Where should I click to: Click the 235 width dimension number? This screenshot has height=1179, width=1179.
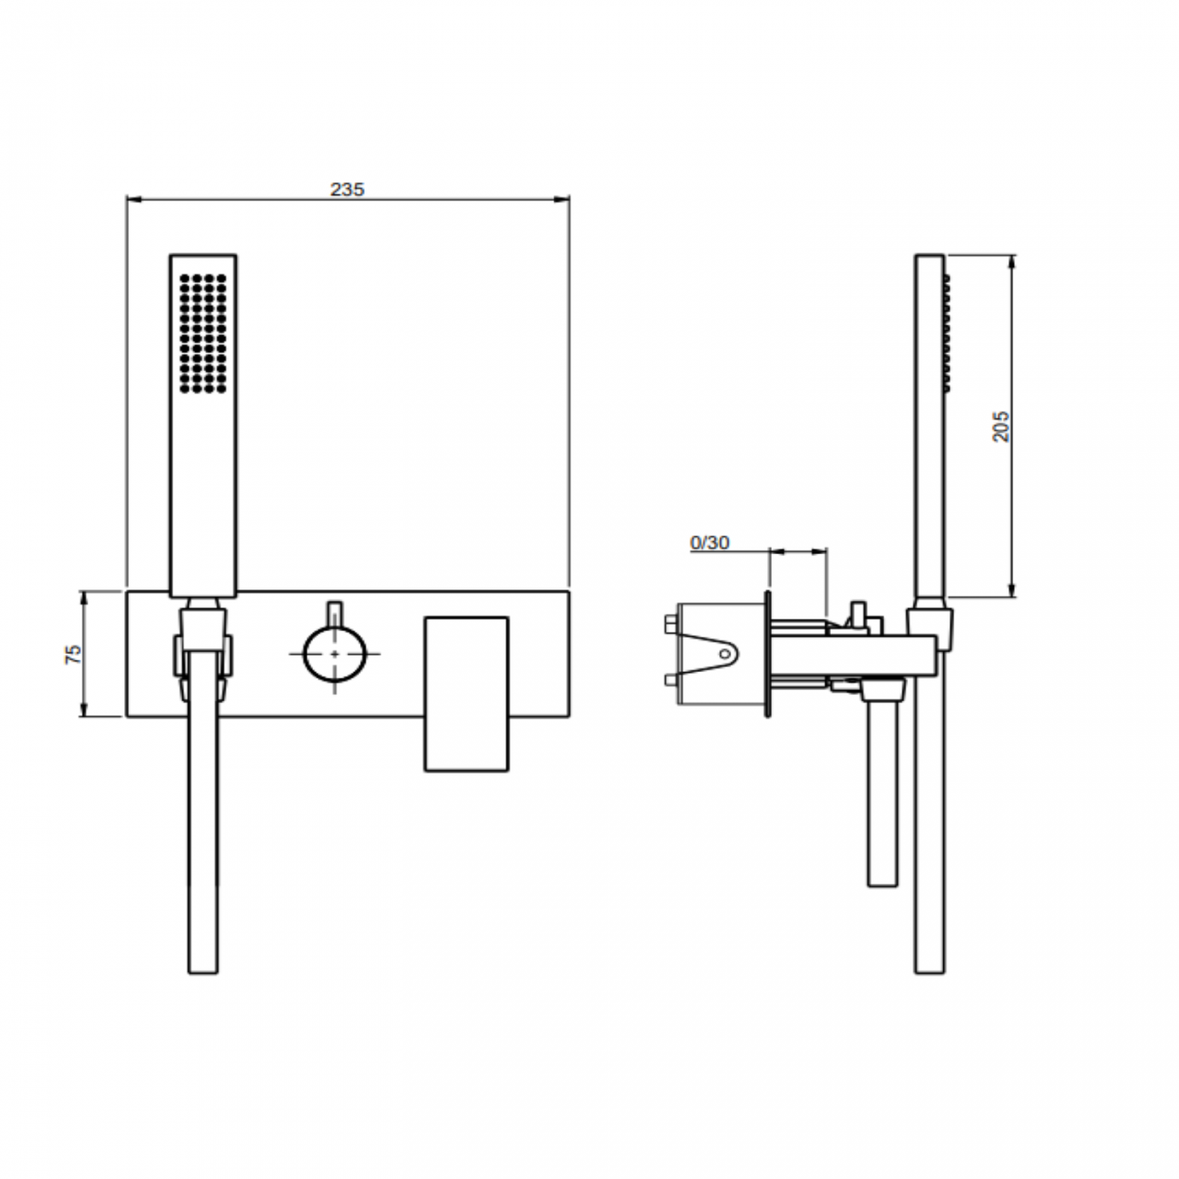click(x=346, y=189)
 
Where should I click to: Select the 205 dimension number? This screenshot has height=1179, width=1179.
click(x=1000, y=426)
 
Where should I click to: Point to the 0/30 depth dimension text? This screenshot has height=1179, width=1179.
click(x=709, y=542)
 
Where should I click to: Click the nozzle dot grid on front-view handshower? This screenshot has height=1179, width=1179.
click(x=203, y=333)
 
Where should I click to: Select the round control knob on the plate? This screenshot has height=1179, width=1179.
click(x=336, y=653)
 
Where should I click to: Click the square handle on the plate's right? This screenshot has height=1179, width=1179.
click(x=466, y=694)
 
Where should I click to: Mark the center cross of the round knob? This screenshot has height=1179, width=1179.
click(x=336, y=653)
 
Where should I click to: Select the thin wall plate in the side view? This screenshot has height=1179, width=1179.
click(x=768, y=653)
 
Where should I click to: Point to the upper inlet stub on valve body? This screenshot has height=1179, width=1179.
click(x=669, y=622)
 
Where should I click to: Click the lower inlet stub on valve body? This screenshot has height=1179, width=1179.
click(x=669, y=680)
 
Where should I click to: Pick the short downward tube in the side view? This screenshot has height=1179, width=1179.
click(x=882, y=789)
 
